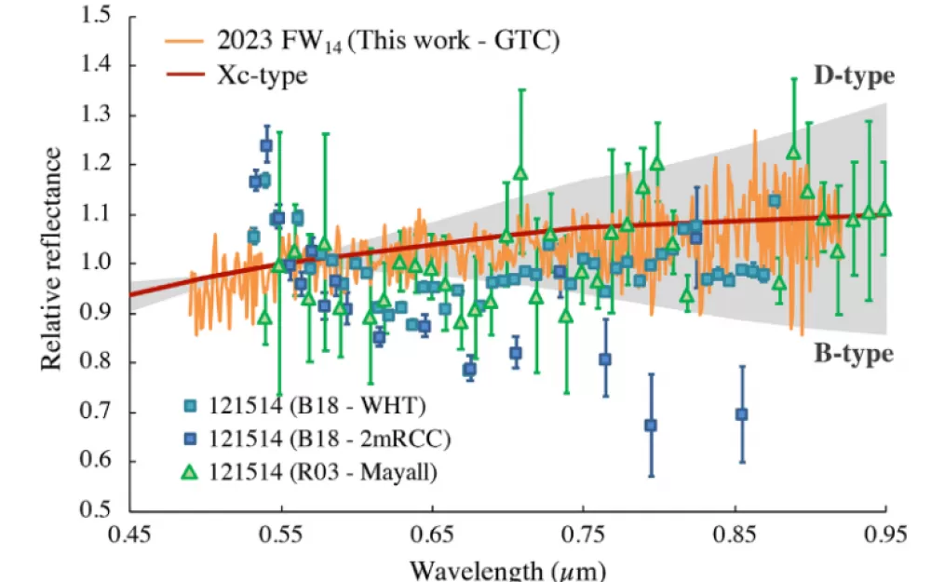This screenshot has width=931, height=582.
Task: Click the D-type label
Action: click(854, 76)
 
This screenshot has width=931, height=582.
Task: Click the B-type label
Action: click(854, 353)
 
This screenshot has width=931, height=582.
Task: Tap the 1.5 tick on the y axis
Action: click(95, 15)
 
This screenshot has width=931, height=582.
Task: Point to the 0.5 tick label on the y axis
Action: click(95, 509)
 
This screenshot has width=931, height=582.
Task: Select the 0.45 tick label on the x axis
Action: click(129, 535)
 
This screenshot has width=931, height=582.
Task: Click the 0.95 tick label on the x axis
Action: click(885, 535)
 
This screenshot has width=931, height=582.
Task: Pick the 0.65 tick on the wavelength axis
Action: click(432, 535)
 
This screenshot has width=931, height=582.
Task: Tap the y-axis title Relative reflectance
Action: click(51, 258)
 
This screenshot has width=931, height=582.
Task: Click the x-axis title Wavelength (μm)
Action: click(507, 570)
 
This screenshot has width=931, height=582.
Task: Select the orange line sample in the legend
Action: click(185, 40)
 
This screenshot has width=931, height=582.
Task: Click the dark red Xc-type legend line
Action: click(185, 74)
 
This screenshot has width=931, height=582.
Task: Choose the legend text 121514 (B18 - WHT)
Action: click(317, 406)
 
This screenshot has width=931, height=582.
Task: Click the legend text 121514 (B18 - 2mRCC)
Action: click(330, 439)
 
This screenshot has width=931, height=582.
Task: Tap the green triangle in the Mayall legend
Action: click(189, 472)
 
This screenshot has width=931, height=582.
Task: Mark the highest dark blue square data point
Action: click(266, 145)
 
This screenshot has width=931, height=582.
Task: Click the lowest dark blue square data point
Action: click(651, 426)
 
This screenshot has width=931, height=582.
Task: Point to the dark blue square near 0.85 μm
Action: click(742, 414)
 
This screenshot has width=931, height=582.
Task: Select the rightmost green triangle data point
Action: click(884, 209)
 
